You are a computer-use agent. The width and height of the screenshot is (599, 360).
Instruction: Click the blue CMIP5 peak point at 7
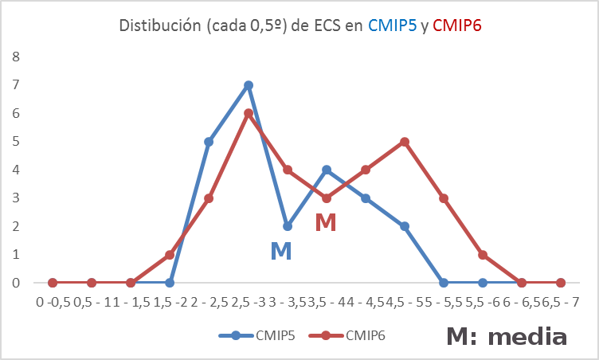[249, 85]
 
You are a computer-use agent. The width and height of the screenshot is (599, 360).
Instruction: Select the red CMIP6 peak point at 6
[249, 113]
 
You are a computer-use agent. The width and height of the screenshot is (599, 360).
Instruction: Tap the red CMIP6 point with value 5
[405, 142]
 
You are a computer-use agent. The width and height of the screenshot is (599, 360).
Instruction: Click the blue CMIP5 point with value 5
[209, 142]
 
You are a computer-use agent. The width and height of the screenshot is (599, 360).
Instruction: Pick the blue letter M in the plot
[280, 252]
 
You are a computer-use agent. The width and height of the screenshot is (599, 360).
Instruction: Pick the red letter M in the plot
[326, 223]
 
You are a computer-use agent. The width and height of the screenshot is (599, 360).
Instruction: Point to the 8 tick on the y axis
[16, 57]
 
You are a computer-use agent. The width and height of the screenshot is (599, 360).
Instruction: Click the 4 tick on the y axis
[16, 170]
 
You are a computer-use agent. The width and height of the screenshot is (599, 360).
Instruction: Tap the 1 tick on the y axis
[16, 255]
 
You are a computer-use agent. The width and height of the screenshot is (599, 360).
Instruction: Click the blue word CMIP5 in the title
[392, 25]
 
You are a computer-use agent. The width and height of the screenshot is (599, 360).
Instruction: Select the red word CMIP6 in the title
[457, 25]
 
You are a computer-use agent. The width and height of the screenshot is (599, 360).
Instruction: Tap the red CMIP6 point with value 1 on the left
[170, 255]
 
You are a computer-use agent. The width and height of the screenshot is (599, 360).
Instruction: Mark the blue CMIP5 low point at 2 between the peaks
[288, 226]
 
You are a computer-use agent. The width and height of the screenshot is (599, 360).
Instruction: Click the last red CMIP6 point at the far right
[561, 283]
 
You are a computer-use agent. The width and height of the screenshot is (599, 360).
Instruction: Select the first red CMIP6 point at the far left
[53, 283]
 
